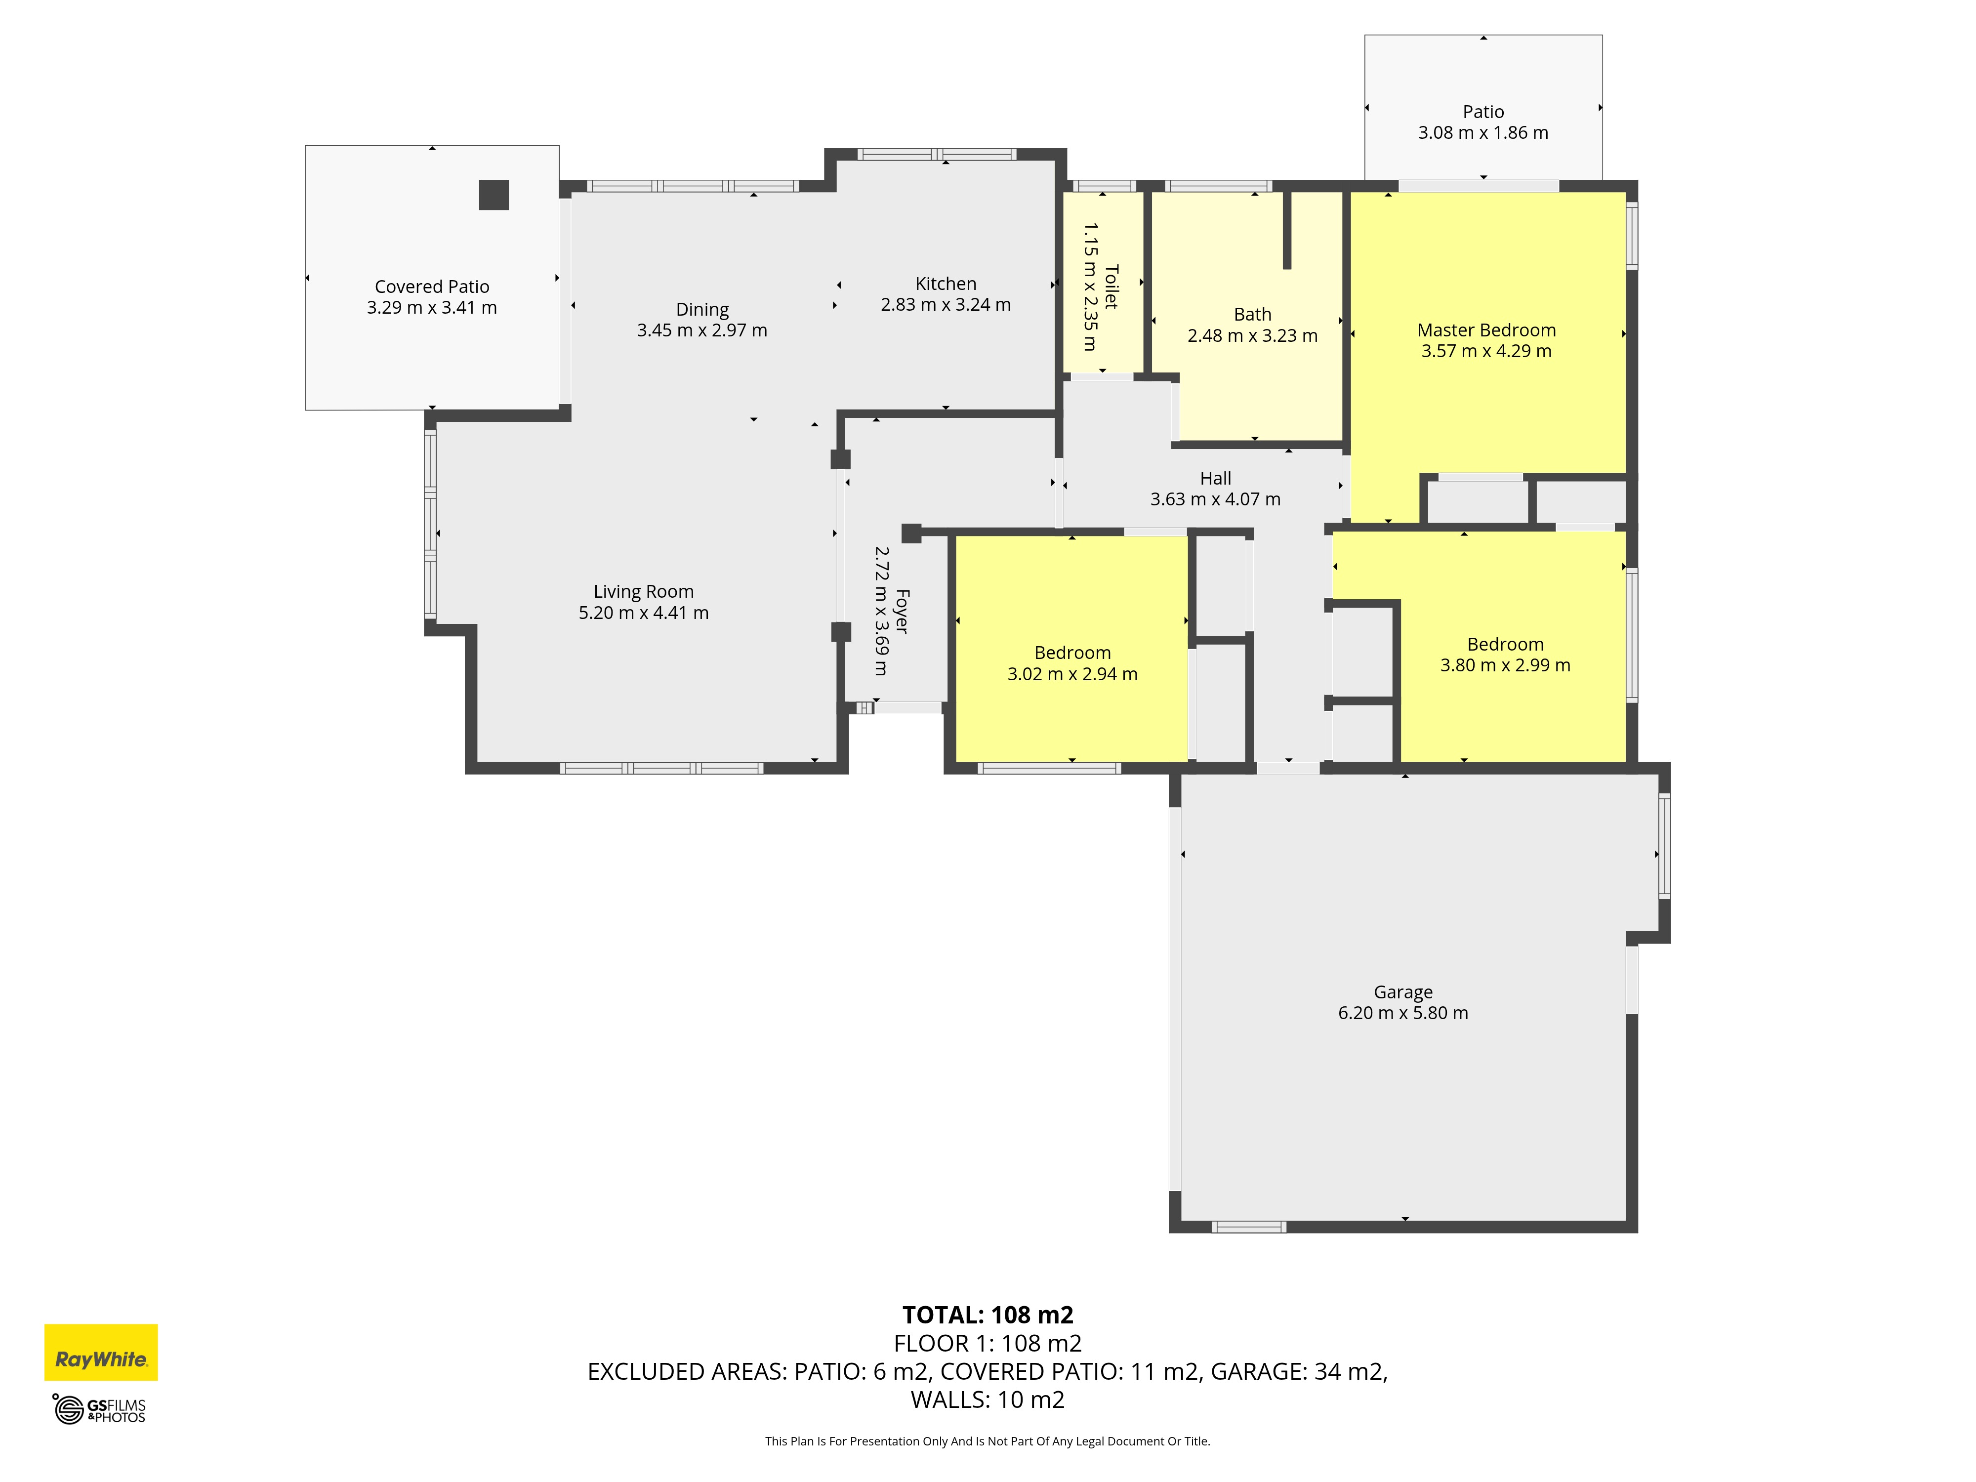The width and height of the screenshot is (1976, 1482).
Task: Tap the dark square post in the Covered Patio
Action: (x=494, y=195)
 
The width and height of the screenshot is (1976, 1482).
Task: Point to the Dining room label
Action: (x=702, y=310)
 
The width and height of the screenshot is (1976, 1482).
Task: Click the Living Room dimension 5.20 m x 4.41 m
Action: (x=643, y=613)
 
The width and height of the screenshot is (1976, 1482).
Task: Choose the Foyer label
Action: (x=902, y=611)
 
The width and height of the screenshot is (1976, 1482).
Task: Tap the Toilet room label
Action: (x=1111, y=286)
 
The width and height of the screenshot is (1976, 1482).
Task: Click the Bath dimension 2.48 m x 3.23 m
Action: (x=1252, y=336)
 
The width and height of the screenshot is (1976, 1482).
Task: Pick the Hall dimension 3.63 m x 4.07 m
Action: (x=1215, y=499)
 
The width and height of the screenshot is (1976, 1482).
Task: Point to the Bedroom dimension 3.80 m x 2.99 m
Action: (x=1505, y=665)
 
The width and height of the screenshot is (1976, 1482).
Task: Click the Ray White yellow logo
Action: (x=101, y=1353)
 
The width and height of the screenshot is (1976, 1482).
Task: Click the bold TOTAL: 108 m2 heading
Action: (x=988, y=1315)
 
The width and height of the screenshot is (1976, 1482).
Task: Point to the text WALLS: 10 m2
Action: (x=988, y=1400)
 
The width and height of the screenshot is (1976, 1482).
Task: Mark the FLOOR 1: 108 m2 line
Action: (x=988, y=1344)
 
